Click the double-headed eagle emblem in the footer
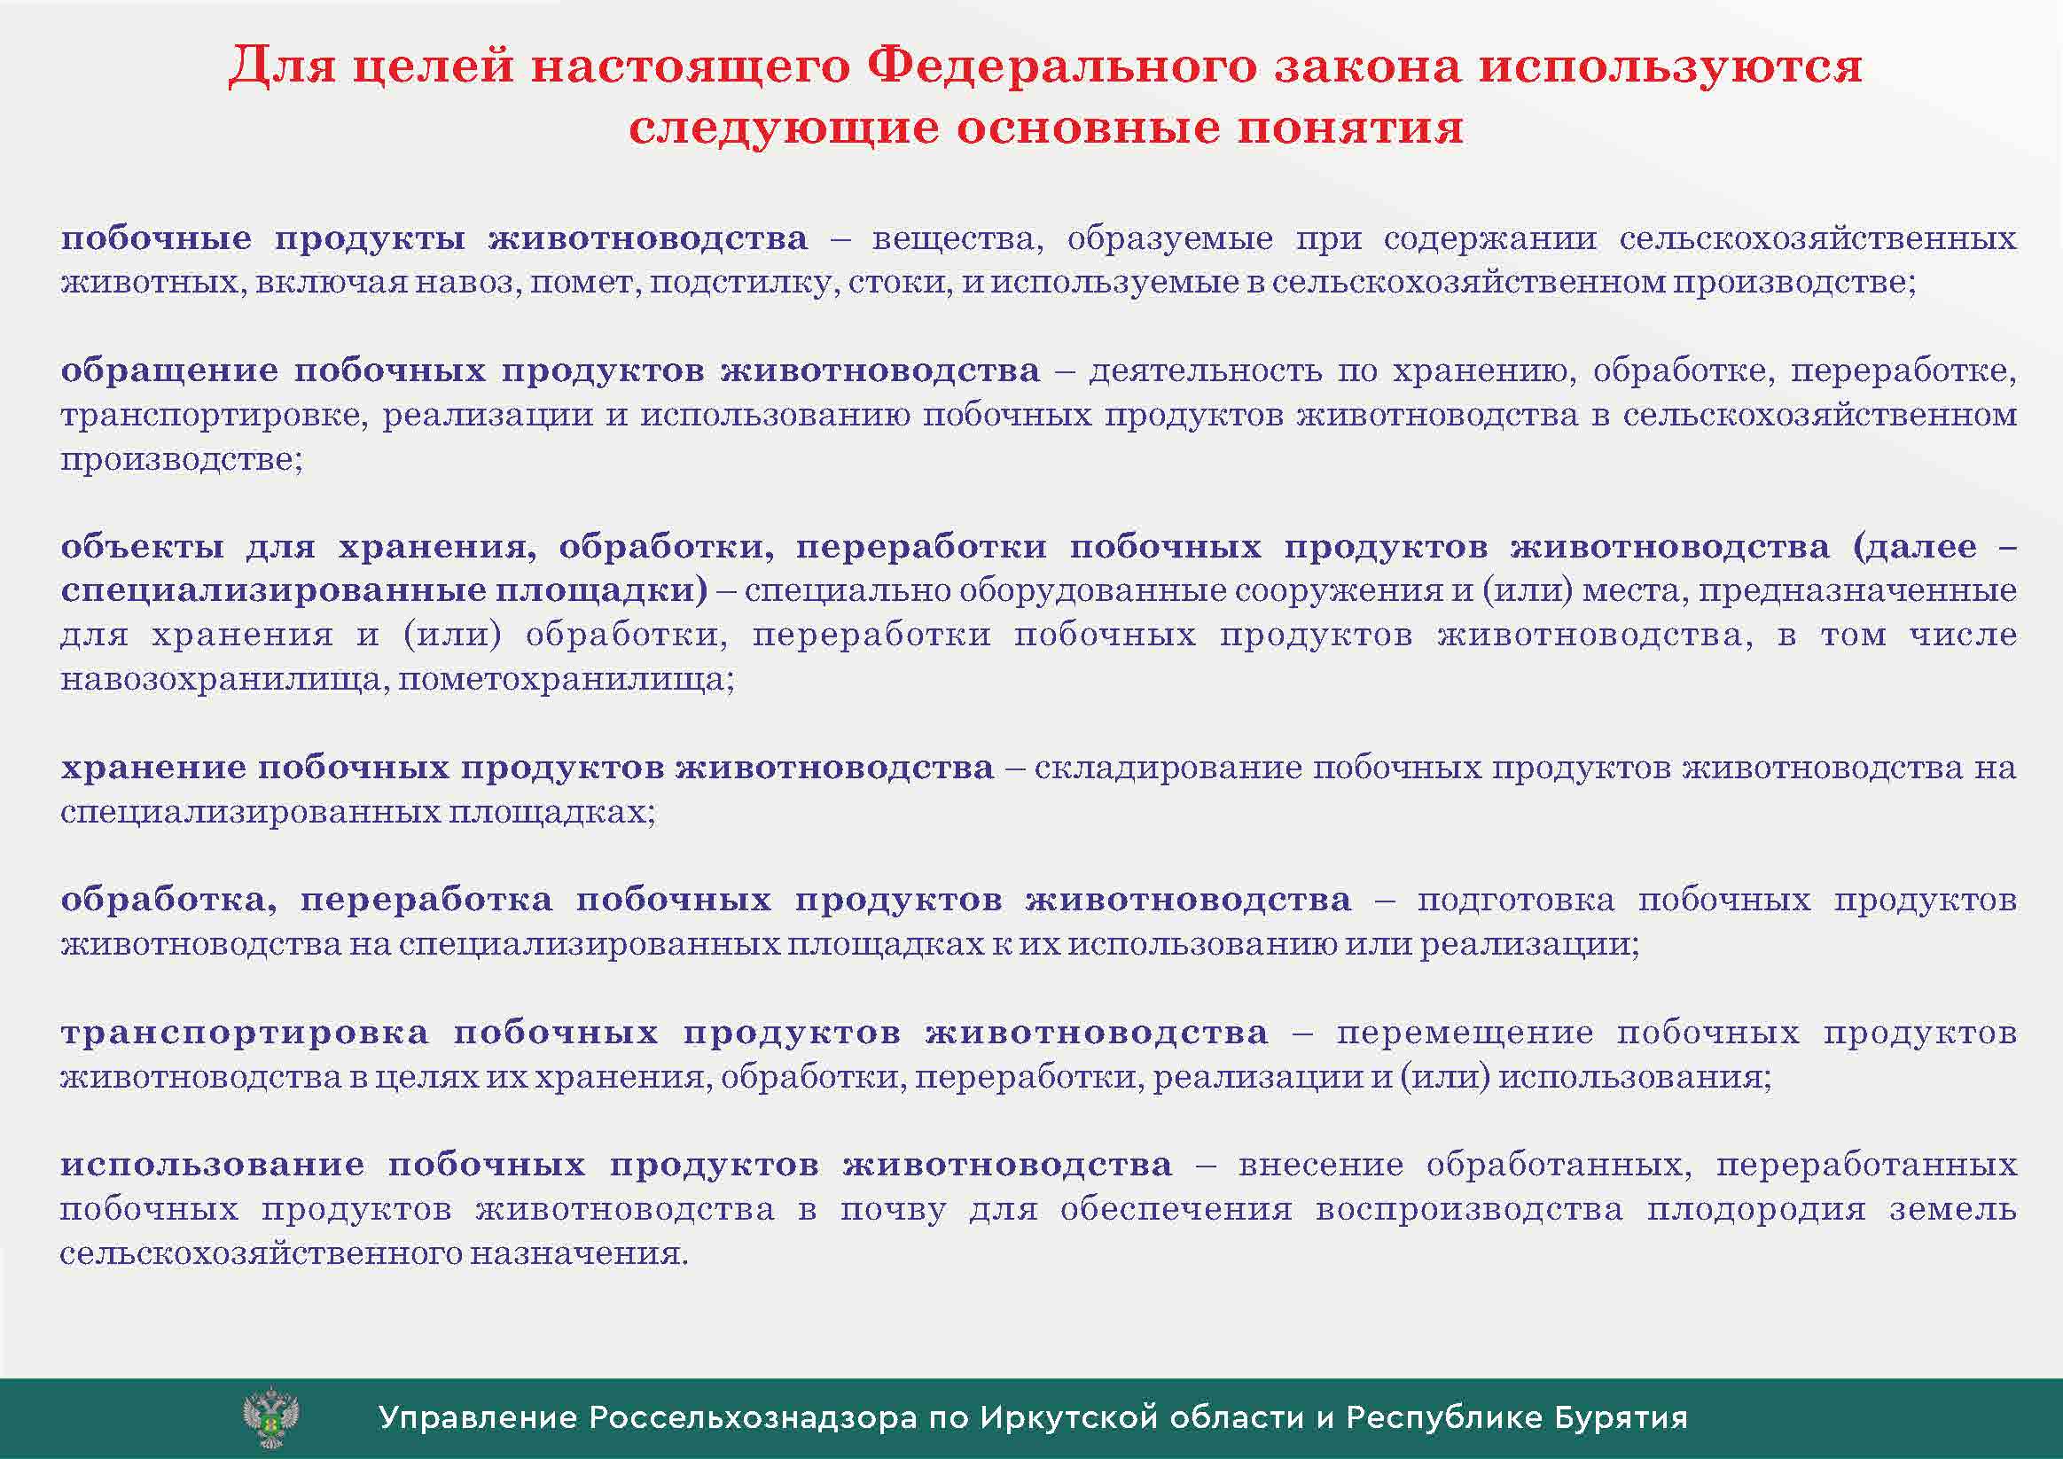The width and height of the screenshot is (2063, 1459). pyautogui.click(x=271, y=1416)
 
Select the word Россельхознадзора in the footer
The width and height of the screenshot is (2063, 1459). pyautogui.click(x=753, y=1417)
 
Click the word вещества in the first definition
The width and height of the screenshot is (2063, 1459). pyautogui.click(x=957, y=240)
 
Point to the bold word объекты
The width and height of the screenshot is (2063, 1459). pyautogui.click(x=143, y=547)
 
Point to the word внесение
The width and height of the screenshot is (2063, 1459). pyautogui.click(x=1321, y=1166)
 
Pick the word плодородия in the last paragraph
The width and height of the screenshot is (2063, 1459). pyautogui.click(x=1756, y=1210)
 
